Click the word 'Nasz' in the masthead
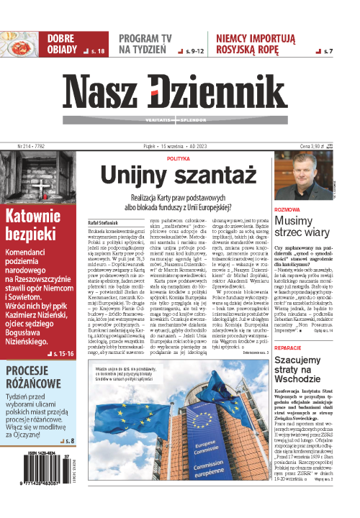(106, 91)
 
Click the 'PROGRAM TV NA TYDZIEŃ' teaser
(146, 43)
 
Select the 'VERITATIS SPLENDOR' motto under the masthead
(173, 118)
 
